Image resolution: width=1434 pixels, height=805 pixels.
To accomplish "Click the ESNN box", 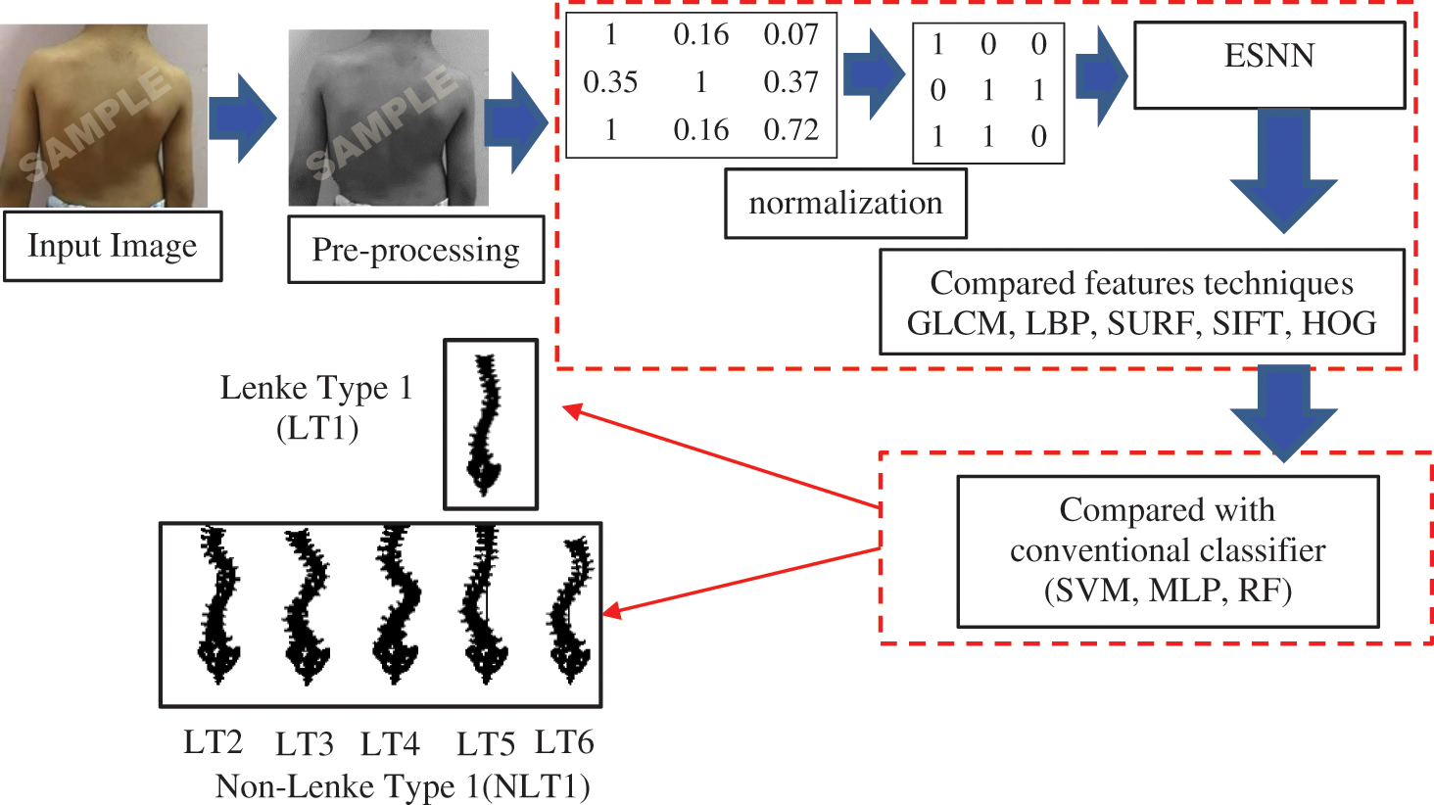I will coord(1268,65).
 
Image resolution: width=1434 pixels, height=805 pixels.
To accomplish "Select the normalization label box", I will coord(845,204).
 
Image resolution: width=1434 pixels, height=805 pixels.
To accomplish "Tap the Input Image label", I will coord(112,246).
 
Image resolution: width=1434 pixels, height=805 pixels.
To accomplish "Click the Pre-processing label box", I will coord(415,250).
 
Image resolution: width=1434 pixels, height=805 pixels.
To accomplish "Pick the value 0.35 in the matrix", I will coord(610,82).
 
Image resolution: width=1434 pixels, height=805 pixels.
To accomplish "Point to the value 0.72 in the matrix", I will coord(790,129).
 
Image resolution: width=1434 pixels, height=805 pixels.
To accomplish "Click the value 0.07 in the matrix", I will coord(790,34).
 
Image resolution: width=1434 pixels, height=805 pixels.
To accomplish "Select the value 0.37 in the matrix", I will coord(790,82).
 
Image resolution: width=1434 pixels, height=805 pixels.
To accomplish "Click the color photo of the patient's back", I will coord(103,116).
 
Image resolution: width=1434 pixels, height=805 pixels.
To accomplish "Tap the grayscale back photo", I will coord(388,118).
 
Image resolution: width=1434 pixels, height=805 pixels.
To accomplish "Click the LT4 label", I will coord(390,745).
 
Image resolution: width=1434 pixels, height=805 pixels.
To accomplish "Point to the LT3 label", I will coord(304,745).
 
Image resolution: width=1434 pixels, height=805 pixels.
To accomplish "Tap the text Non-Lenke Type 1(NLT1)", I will coord(403,786).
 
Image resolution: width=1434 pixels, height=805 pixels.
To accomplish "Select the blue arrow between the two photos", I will coord(243,118).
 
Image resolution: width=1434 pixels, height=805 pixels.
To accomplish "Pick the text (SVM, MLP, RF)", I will coord(1168,591).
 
